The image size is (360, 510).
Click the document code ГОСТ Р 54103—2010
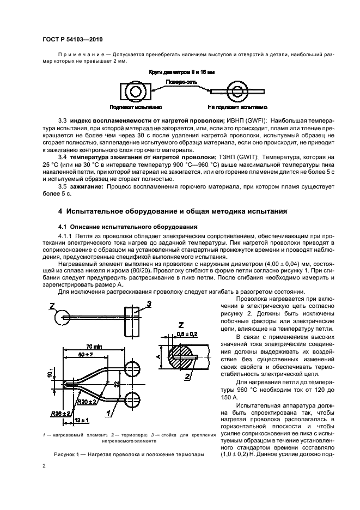tap(72, 40)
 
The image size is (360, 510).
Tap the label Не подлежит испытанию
tap(237, 108)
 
